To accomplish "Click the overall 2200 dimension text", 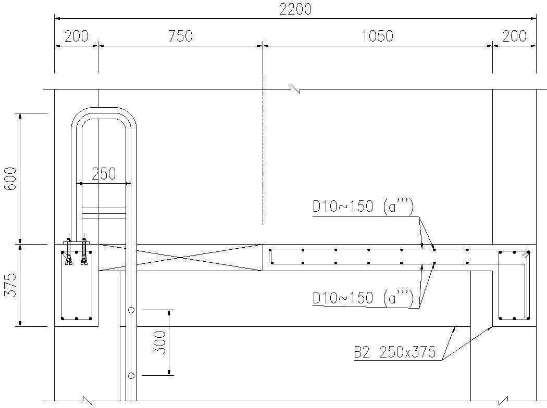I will (x=295, y=9).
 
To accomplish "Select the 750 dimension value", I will (x=180, y=36).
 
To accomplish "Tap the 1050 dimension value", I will (x=377, y=36).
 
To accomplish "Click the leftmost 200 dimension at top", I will (x=76, y=36).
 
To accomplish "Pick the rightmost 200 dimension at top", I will (x=514, y=36).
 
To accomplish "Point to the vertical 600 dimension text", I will (x=10, y=178).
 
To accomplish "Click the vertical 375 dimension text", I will (x=10, y=285).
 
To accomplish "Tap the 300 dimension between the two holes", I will (x=160, y=342).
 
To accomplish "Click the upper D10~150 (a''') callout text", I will (x=363, y=207).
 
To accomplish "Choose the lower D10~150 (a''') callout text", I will (x=363, y=298).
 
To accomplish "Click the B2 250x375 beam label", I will (x=394, y=352).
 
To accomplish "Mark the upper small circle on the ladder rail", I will (x=131, y=310).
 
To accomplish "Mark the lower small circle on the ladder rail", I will (x=131, y=375).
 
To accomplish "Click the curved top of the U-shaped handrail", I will (x=104, y=111).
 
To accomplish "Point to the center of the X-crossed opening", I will (x=180, y=257).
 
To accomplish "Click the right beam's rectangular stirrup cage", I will (x=514, y=285).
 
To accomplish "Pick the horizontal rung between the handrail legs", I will (x=104, y=212).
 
